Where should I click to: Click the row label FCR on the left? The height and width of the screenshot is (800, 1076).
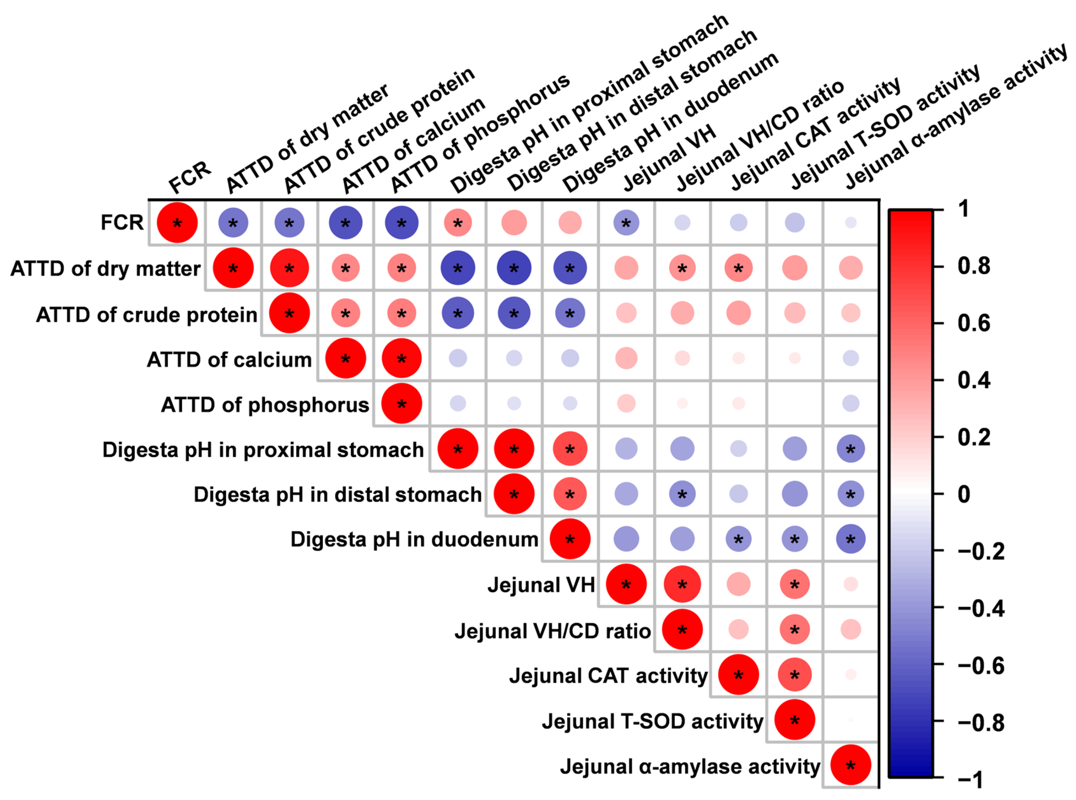pyautogui.click(x=122, y=223)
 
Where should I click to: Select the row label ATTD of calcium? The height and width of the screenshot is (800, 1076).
pyautogui.click(x=229, y=360)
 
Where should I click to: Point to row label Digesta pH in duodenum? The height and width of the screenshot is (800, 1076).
pyautogui.click(x=414, y=539)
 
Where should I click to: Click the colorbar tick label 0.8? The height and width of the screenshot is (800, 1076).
pyautogui.click(x=974, y=266)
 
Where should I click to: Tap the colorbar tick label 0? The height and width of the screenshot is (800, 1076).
pyautogui.click(x=964, y=494)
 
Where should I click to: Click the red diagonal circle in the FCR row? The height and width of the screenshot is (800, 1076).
pyautogui.click(x=177, y=223)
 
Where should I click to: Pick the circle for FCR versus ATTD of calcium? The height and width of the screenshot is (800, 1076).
pyautogui.click(x=345, y=223)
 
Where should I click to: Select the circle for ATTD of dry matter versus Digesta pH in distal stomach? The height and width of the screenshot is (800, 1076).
pyautogui.click(x=514, y=268)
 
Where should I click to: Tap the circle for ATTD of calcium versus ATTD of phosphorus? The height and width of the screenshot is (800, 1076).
pyautogui.click(x=401, y=359)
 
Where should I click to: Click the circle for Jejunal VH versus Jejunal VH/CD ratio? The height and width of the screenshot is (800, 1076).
pyautogui.click(x=682, y=584)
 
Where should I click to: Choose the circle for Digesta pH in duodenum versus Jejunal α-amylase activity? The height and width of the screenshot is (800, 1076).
pyautogui.click(x=850, y=539)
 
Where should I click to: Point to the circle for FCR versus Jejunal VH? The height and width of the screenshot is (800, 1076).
pyautogui.click(x=626, y=223)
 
